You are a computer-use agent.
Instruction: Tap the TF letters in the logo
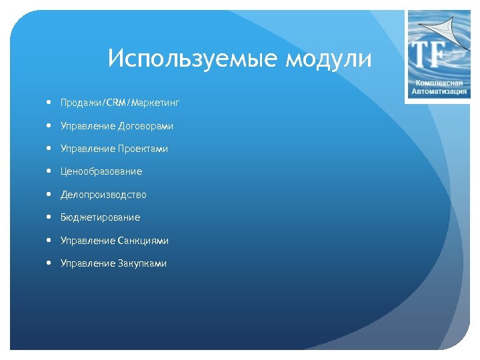tap(430, 55)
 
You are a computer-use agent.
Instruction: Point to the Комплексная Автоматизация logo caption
tap(438, 87)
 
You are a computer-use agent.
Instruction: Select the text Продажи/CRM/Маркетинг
tap(120, 103)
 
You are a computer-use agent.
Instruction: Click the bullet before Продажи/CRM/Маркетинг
tap(50, 103)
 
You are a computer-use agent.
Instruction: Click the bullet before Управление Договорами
tap(50, 125)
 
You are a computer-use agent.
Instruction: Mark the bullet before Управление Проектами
tap(50, 148)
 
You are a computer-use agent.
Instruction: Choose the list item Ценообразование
tap(101, 171)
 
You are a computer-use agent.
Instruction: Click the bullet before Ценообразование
tap(50, 171)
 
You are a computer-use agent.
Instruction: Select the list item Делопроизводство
tap(103, 195)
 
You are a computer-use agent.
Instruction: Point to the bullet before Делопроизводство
tap(50, 194)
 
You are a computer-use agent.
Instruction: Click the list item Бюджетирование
tap(100, 217)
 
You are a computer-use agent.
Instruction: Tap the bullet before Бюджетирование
tap(50, 217)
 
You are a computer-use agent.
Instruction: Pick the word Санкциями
tap(143, 241)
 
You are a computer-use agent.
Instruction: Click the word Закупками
tap(143, 263)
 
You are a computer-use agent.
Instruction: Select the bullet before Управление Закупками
tap(50, 263)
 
